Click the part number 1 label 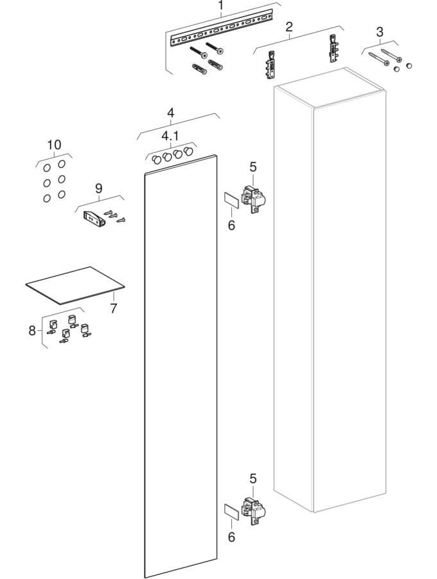coord(220,6)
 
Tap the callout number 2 coord(289,26)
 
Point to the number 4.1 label coord(170,136)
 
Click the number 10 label coord(54,144)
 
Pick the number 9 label coord(98,188)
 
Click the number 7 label coord(114,308)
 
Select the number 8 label coord(32,330)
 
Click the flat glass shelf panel coord(75,286)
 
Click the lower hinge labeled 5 coord(254,511)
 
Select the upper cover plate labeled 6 coord(231,201)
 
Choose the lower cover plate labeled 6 coord(231,512)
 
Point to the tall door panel coord(180,365)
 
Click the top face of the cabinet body coord(330,87)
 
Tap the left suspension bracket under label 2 coord(271,65)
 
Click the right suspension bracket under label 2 coord(334,48)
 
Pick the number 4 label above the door coord(170,112)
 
